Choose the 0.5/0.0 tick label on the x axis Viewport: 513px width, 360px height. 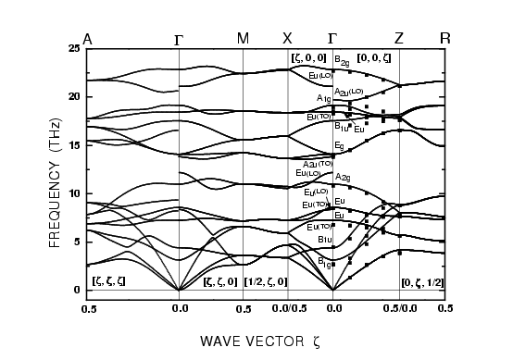398,307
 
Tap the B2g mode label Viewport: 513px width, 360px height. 342,60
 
